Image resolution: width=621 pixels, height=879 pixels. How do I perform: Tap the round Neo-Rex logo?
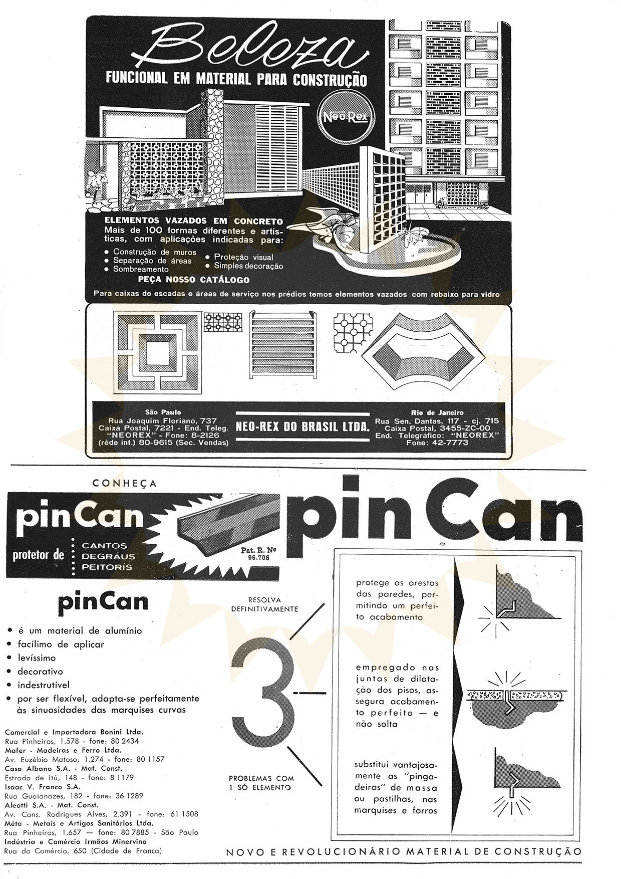[x=345, y=117]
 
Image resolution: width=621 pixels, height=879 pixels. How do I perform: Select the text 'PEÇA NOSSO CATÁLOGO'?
[x=194, y=280]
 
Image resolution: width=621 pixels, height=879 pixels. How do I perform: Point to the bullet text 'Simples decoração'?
[x=248, y=266]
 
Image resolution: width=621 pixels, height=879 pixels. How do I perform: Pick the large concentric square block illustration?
[x=159, y=353]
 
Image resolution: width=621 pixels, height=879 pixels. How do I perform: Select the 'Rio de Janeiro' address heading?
[x=438, y=412]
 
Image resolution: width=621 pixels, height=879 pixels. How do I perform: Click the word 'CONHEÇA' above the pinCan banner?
[x=125, y=484]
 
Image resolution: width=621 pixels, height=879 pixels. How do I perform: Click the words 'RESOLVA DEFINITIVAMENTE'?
[x=264, y=604]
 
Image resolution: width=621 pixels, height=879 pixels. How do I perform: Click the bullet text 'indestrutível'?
[x=44, y=685]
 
